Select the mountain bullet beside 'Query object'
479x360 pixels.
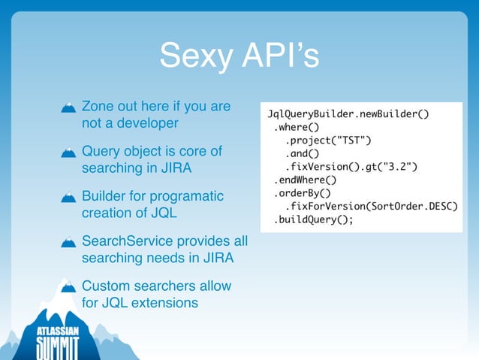tap(68, 154)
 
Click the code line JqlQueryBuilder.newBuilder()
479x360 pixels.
tap(348, 113)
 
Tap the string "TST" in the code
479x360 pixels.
tap(354, 140)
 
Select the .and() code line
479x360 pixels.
tap(303, 153)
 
